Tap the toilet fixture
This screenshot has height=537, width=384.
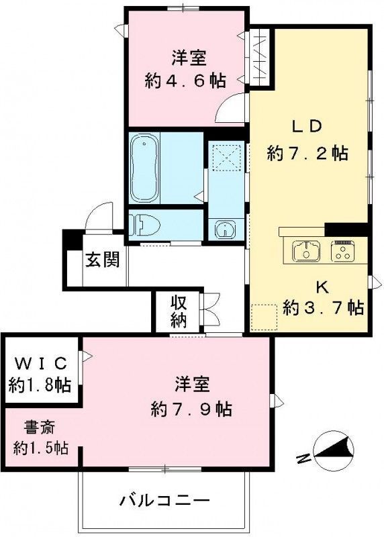[x=144, y=224]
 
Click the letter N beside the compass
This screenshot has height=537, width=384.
[x=304, y=458]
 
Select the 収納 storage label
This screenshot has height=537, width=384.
[x=177, y=311]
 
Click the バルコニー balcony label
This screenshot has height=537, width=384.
[x=165, y=500]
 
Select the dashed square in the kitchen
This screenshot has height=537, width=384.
[x=264, y=317]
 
